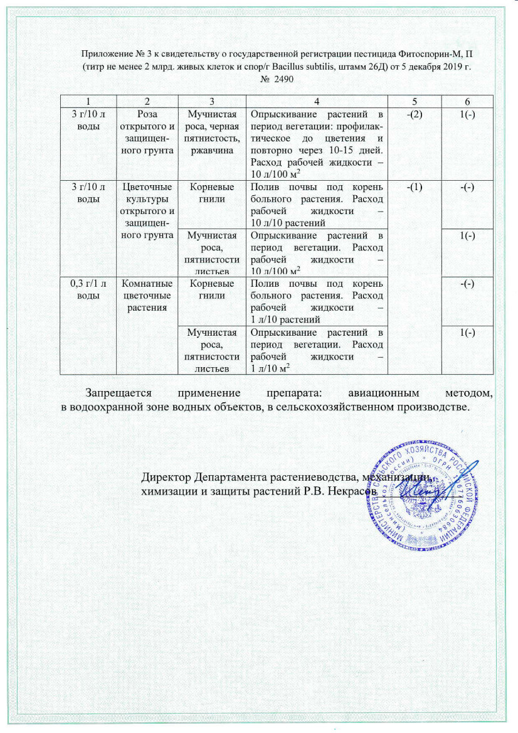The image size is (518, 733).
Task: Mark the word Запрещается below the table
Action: pyautogui.click(x=123, y=394)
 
